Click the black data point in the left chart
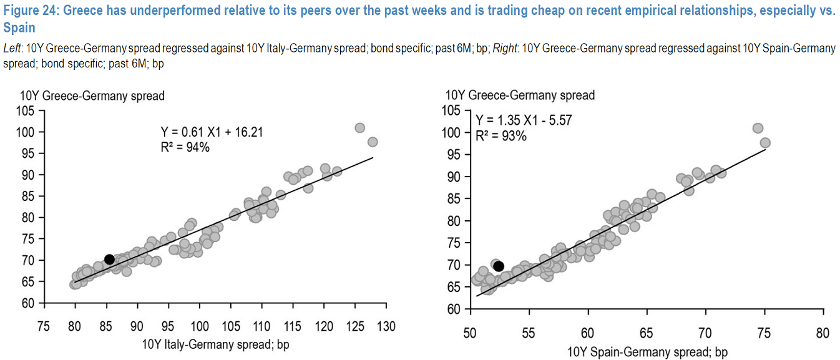[109, 260]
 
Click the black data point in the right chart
[499, 266]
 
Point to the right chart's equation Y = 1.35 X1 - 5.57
[523, 120]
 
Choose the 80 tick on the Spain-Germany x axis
[822, 333]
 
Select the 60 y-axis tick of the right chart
[454, 309]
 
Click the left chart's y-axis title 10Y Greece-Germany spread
[92, 96]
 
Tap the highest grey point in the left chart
[359, 128]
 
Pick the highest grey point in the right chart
[758, 129]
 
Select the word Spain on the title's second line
[19, 28]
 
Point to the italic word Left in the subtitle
[11, 49]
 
